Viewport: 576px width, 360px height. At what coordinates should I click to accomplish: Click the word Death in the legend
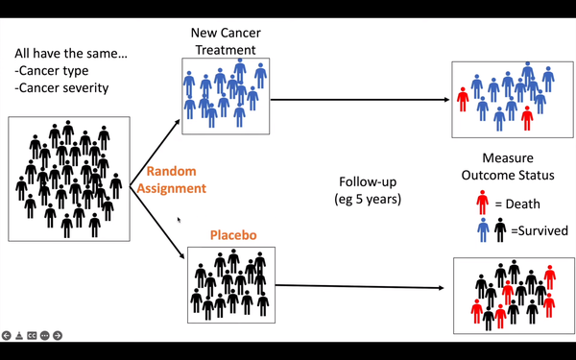(518, 203)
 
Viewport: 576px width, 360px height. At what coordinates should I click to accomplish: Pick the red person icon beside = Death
(482, 203)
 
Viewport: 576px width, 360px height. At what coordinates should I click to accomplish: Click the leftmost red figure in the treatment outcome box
(463, 99)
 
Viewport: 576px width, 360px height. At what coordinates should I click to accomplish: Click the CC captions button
(33, 335)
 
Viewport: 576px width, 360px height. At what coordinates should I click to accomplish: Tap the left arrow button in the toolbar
(7, 335)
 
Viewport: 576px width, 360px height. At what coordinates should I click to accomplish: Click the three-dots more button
(45, 335)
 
